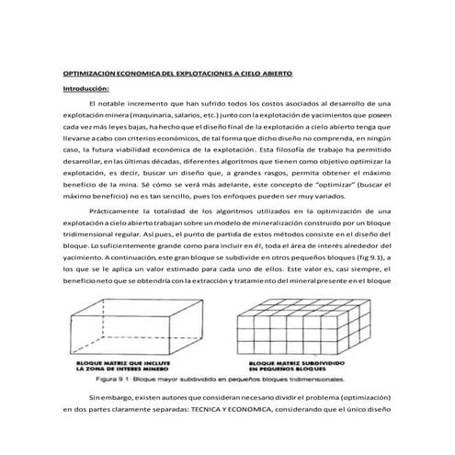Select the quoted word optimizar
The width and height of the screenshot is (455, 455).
(304, 184)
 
